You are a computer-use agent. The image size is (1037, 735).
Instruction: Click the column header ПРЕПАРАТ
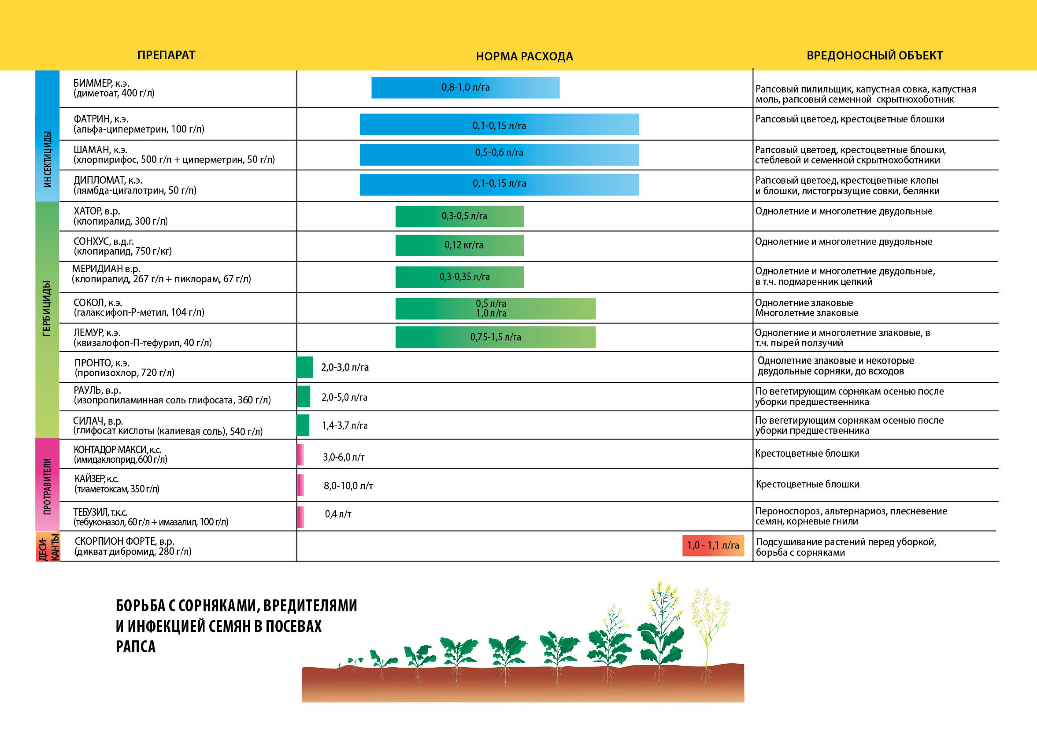[x=166, y=55]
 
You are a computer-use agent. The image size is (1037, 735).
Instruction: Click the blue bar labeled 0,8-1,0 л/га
[x=465, y=87]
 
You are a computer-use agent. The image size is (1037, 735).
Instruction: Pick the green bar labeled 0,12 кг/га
[x=459, y=245]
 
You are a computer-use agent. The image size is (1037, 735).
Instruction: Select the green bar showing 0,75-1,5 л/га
[x=495, y=337]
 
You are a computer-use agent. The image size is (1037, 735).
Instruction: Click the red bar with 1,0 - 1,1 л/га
[x=713, y=545]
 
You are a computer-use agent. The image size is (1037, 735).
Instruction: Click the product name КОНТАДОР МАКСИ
[x=117, y=450]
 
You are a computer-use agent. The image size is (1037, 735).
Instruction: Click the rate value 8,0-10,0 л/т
[x=348, y=486]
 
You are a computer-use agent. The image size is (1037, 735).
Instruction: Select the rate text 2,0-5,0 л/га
[x=344, y=397]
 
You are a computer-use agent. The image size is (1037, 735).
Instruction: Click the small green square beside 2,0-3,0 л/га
[x=305, y=367]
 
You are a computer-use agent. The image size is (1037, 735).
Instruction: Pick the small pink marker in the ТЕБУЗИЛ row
[x=300, y=517]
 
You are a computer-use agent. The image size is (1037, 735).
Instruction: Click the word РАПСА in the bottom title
[x=135, y=647]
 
